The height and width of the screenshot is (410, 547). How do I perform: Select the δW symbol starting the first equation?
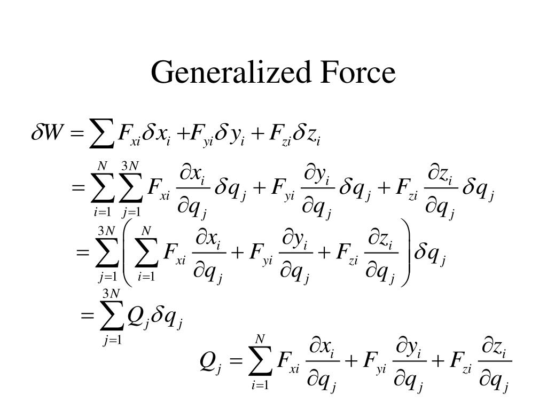pos(46,131)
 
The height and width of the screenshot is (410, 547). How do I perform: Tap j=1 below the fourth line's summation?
pos(113,340)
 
